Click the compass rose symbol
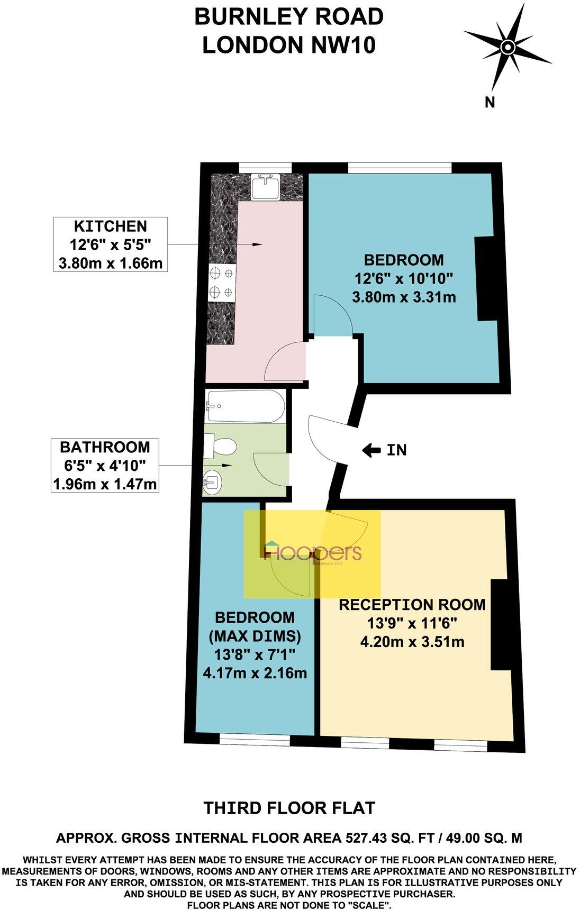point(507,48)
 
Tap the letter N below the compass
point(490,103)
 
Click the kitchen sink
point(266,186)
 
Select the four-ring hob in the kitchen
point(221,282)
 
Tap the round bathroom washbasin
point(213,482)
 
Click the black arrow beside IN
point(371,450)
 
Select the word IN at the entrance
point(396,450)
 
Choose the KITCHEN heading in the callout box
point(110,226)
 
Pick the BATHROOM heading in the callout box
point(105,447)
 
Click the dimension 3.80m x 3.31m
point(404,297)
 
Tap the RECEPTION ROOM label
point(412,605)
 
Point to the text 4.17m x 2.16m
point(255,673)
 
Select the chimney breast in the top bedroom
point(485,279)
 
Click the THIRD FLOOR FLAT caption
point(289,808)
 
